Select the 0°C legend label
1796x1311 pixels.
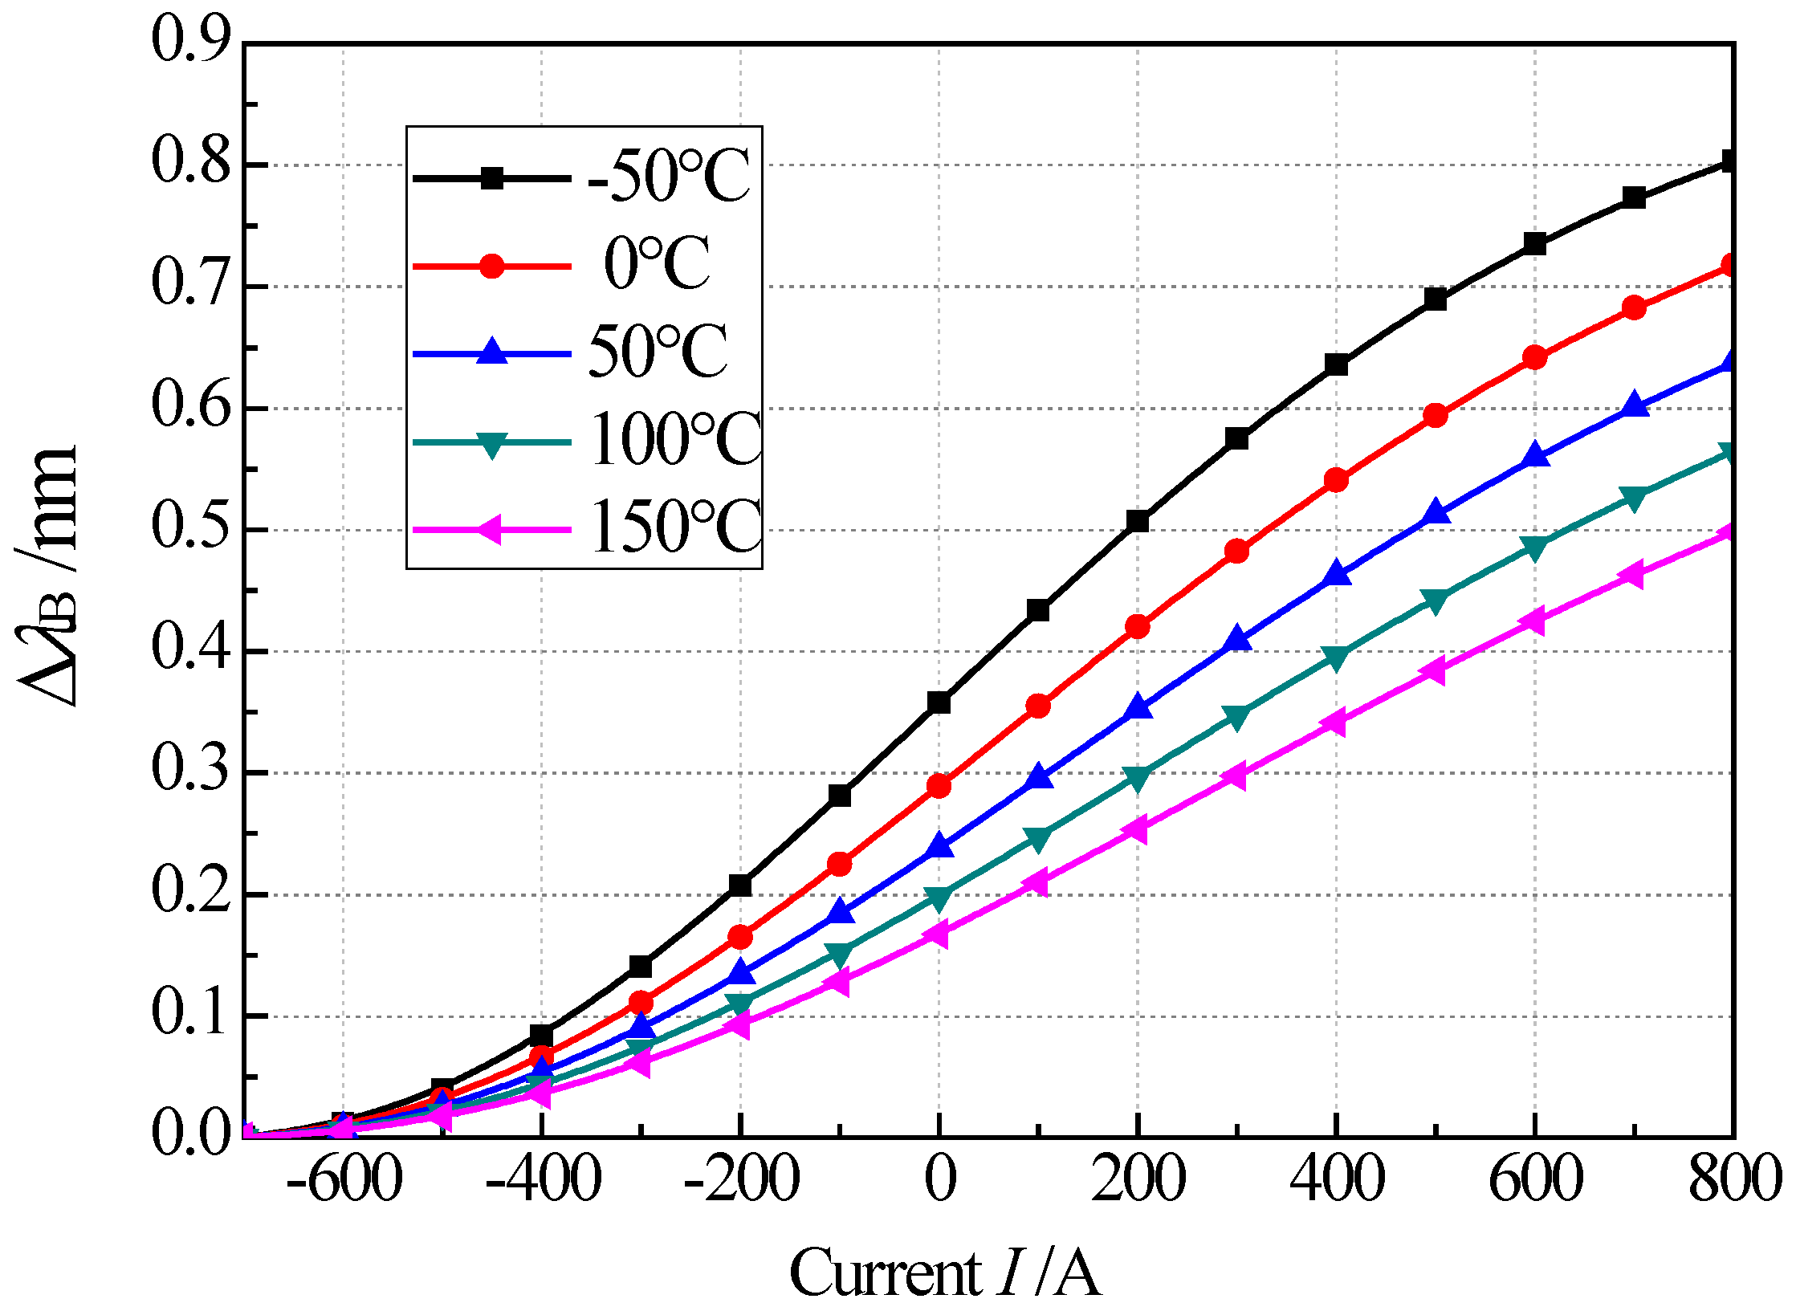pos(657,264)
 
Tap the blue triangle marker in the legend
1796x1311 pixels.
pos(491,352)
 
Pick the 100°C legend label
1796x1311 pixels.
pos(675,440)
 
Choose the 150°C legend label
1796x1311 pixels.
pos(675,527)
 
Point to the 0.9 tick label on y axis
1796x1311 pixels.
pos(191,40)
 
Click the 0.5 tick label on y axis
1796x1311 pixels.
pos(191,528)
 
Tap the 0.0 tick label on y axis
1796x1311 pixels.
pos(191,1134)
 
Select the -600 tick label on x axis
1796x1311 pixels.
pos(344,1180)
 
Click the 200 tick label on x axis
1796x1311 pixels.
pos(1138,1180)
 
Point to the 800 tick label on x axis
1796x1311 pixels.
pos(1734,1180)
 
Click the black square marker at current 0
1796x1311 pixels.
pos(939,702)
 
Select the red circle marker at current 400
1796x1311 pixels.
pos(1336,480)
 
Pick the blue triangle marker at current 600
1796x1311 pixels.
pos(1534,456)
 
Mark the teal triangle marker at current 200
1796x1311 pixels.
pos(1138,777)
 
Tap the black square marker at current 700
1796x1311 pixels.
pos(1634,197)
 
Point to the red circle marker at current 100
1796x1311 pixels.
pos(1038,706)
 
